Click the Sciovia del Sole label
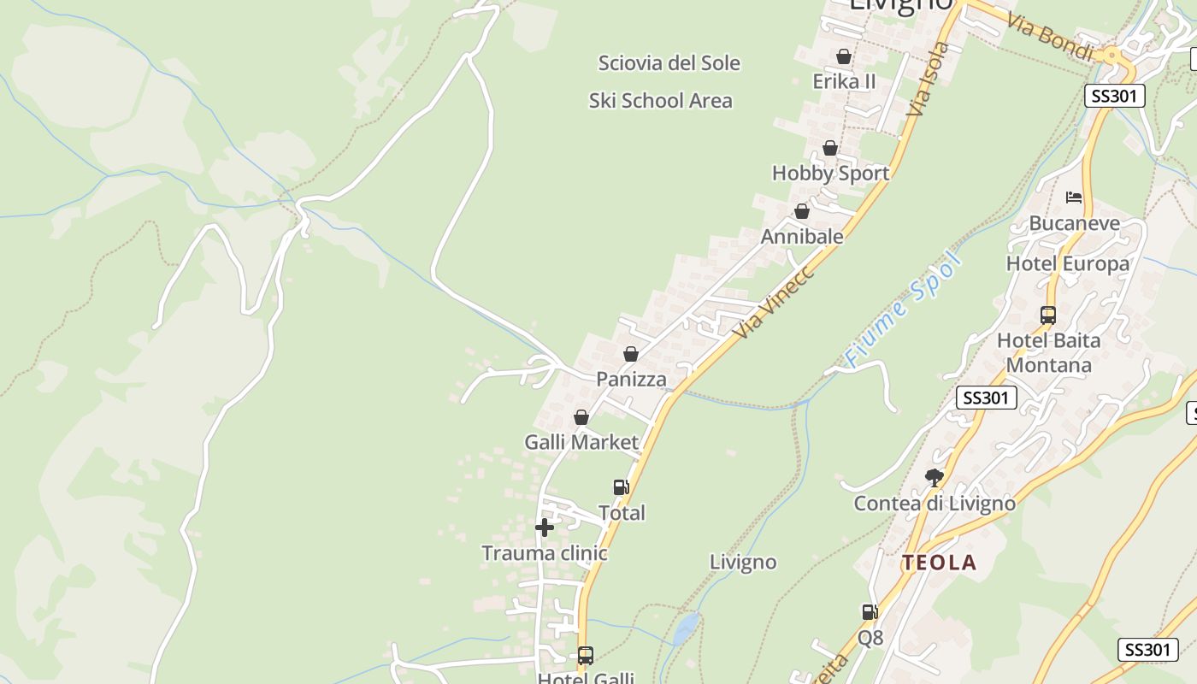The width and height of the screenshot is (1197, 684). coord(669,63)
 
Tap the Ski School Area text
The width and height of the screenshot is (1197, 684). coord(660,101)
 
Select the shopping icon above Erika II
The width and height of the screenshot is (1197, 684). coord(844,56)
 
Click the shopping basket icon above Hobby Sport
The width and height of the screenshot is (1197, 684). coord(829,149)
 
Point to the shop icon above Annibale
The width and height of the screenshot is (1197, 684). coord(802,211)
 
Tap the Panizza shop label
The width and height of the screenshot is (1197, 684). coord(631,379)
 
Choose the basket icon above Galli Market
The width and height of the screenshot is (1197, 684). coord(581,417)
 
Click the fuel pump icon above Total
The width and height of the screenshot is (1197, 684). coord(622,487)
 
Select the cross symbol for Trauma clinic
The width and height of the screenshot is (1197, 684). coord(545,528)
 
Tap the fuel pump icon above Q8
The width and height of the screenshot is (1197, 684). coord(870,612)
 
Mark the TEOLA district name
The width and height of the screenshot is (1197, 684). coord(939,563)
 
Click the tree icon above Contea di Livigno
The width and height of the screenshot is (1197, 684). coord(935,477)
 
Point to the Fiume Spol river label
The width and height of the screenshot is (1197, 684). coord(903,310)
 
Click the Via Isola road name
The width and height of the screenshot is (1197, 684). coord(929,79)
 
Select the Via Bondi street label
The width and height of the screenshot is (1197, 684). coord(1050,37)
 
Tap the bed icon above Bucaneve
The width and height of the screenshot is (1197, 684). coord(1074,198)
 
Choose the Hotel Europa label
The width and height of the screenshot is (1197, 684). coord(1067,263)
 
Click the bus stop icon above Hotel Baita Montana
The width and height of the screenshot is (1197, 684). coord(1048,315)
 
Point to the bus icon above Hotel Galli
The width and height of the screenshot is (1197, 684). coord(586,656)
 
